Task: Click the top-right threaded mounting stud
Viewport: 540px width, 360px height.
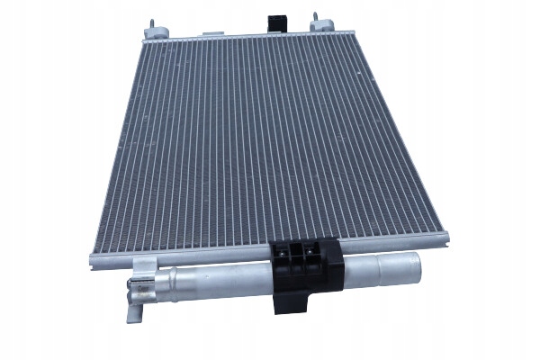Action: [x=316, y=18]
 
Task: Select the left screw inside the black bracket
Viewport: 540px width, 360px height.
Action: [x=290, y=257]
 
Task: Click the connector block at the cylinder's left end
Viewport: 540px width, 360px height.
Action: [x=139, y=290]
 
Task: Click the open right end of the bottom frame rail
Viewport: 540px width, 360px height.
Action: [x=445, y=238]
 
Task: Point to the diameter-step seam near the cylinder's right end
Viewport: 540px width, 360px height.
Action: [x=378, y=268]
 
